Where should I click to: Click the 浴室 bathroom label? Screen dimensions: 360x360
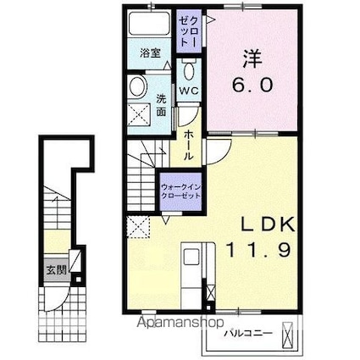click(150, 53)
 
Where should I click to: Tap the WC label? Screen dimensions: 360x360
click(189, 91)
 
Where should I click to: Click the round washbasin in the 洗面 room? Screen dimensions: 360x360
click(138, 86)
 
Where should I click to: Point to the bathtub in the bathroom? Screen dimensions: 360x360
click(149, 24)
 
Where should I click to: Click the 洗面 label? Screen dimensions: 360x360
click(161, 105)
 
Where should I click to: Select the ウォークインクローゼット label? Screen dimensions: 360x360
click(180, 191)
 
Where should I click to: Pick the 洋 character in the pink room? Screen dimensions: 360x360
click(252, 58)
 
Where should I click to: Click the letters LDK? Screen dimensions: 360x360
click(267, 225)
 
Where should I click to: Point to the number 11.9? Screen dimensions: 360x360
click(258, 250)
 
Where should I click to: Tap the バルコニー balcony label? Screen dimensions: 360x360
click(248, 334)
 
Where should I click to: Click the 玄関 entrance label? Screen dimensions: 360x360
click(57, 270)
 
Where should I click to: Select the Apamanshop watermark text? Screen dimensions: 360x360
click(180, 323)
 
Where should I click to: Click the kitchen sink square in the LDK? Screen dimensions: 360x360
click(191, 257)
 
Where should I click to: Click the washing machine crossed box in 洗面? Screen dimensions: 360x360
click(139, 114)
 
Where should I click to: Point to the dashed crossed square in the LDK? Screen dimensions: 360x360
click(138, 227)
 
